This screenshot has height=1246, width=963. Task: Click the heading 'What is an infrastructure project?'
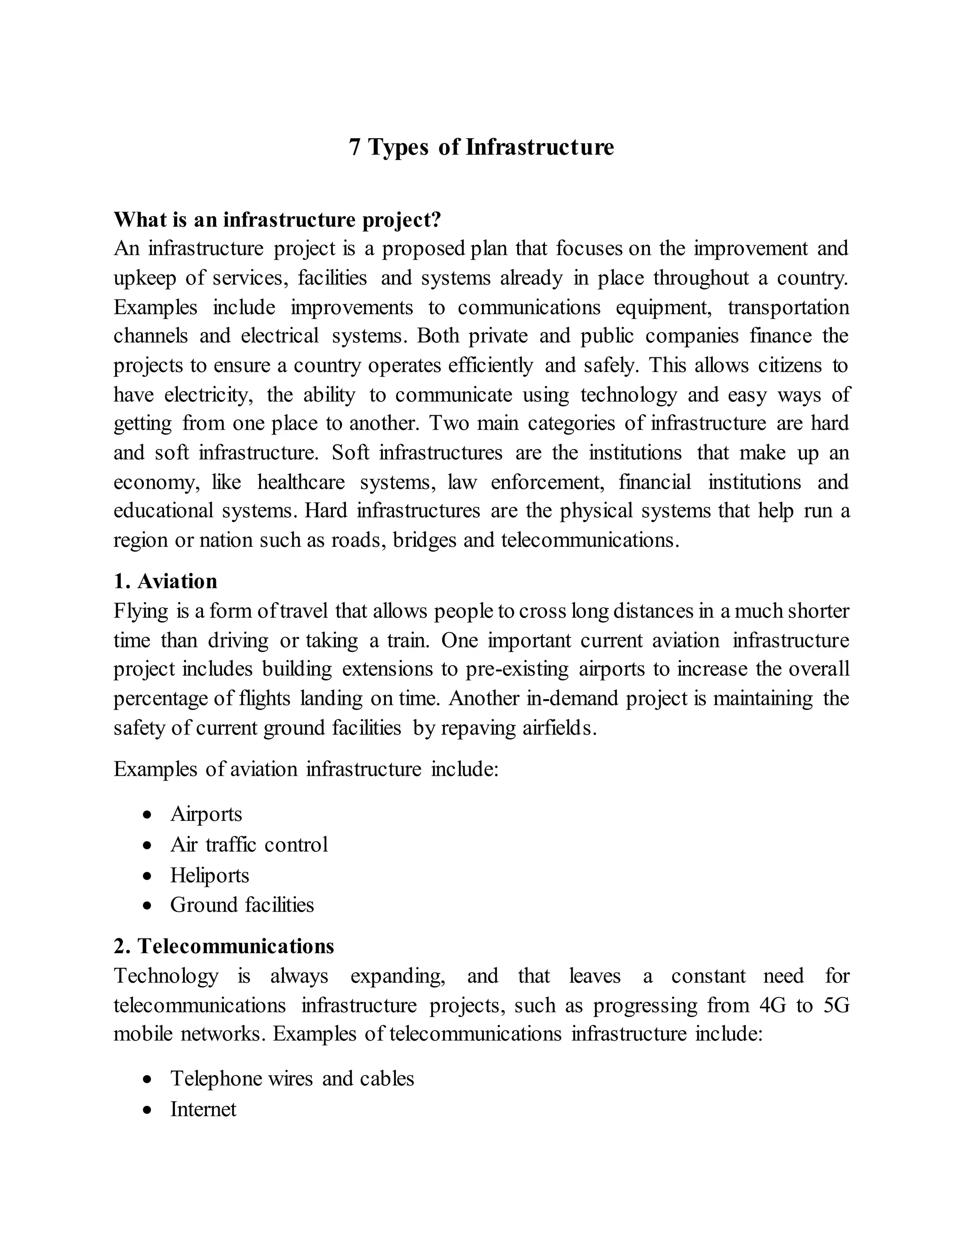click(x=277, y=220)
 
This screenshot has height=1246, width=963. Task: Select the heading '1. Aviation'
click(x=166, y=581)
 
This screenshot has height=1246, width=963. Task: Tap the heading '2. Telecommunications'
click(x=224, y=946)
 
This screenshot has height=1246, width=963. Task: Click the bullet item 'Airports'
click(x=206, y=814)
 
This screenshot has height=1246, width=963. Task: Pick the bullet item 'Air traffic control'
click(x=249, y=845)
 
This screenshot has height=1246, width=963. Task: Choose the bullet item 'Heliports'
click(x=209, y=875)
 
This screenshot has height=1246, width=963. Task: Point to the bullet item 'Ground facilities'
click(x=242, y=905)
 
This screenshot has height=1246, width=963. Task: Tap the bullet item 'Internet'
click(x=203, y=1109)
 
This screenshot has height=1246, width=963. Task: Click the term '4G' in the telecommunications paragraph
click(x=773, y=1005)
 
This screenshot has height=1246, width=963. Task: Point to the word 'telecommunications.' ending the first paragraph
click(x=590, y=540)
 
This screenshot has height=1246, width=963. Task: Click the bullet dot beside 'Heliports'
click(x=148, y=875)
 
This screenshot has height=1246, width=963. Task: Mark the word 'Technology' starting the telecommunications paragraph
click(x=166, y=976)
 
